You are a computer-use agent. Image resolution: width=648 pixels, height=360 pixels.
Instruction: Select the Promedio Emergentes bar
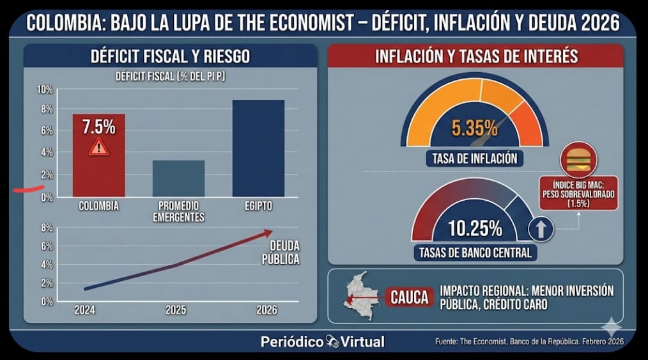pos(179,178)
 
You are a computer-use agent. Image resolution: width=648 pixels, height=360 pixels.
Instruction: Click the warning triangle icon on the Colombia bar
pos(98,148)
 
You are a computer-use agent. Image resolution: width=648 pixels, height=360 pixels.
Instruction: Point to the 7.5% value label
pos(98,127)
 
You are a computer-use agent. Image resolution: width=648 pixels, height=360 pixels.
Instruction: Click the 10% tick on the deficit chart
pos(45,90)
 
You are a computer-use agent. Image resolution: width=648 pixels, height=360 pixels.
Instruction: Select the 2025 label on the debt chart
pos(176,310)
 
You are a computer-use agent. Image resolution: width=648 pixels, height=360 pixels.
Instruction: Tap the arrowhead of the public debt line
pos(268,232)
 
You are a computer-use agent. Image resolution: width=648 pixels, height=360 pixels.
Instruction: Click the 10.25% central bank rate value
pos(475,228)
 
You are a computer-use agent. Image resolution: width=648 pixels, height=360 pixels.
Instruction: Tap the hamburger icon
pos(578,159)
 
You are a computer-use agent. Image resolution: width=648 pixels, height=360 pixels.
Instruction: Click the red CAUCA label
pos(410,298)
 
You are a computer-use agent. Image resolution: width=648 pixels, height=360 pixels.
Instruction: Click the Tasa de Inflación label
pos(474,158)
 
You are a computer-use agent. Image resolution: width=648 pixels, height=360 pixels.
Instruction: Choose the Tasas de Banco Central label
pos(475,253)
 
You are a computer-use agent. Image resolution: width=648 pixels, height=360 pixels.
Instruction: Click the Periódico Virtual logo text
pos(323,341)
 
